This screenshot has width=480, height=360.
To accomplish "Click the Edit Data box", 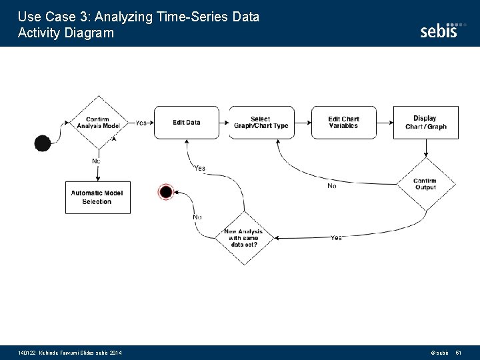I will pyautogui.click(x=186, y=123).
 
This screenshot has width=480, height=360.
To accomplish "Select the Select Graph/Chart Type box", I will pyautogui.click(x=260, y=123).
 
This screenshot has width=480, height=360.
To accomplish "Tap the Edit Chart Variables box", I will pyautogui.click(x=343, y=123).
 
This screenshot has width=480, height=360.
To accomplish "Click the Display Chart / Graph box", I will pyautogui.click(x=425, y=123).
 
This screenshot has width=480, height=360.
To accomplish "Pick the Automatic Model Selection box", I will pyautogui.click(x=98, y=197).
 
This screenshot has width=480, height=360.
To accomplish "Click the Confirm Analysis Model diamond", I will pyautogui.click(x=99, y=123).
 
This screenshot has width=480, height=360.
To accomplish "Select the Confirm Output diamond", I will pyautogui.click(x=425, y=184).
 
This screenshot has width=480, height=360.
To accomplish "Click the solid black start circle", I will pyautogui.click(x=43, y=143).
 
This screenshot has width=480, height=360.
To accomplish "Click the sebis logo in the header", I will pyautogui.click(x=439, y=30).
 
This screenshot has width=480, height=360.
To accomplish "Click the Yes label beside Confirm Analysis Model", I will pyautogui.click(x=141, y=123).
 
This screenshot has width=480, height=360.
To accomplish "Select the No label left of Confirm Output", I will pyautogui.click(x=331, y=186).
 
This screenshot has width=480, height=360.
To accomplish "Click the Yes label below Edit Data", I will pyautogui.click(x=199, y=169).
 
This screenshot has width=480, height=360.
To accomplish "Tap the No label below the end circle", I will pyautogui.click(x=197, y=217).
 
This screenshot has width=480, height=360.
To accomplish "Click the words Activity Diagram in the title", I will pyautogui.click(x=66, y=33).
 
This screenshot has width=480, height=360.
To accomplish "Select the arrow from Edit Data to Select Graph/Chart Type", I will pyautogui.click(x=224, y=123).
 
